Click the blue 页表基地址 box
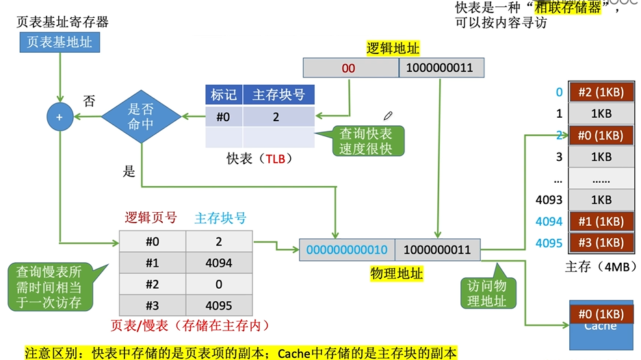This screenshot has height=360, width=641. pyautogui.click(x=60, y=42)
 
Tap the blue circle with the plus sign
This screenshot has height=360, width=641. pyautogui.click(x=60, y=117)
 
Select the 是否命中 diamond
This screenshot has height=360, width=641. pyautogui.click(x=142, y=117)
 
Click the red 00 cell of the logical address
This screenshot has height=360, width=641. pyautogui.click(x=349, y=68)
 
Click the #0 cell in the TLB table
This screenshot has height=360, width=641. pyautogui.click(x=224, y=117)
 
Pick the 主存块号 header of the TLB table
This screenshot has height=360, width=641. pyautogui.click(x=278, y=95)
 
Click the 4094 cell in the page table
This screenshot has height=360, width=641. pyautogui.click(x=220, y=263)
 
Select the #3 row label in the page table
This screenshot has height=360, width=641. pyautogui.click(x=153, y=305)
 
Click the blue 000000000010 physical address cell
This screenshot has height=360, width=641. pyautogui.click(x=347, y=250)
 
